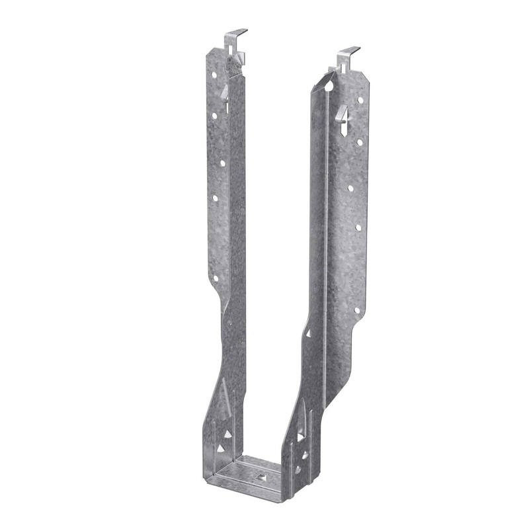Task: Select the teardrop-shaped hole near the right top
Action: [x=329, y=85]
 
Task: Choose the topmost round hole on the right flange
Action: [x=360, y=101]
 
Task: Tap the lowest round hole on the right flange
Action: [x=356, y=309]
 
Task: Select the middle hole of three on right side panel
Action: [x=304, y=454]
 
